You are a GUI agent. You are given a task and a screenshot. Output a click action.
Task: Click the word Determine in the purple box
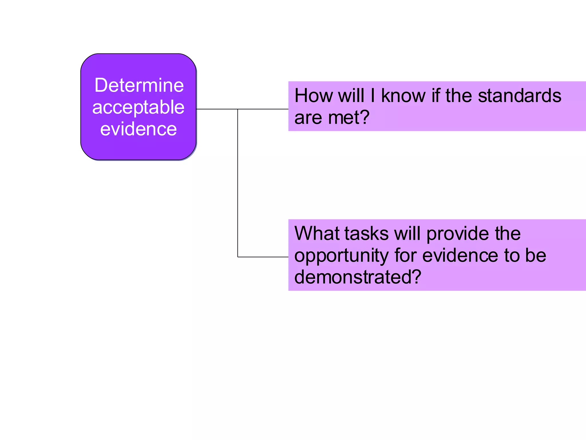click(139, 85)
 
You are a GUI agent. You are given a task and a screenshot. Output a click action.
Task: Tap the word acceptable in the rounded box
click(138, 108)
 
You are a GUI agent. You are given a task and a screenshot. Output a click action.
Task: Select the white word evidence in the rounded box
click(138, 129)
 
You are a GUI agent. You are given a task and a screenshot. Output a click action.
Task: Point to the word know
click(403, 96)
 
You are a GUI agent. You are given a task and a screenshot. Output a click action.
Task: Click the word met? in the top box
click(349, 118)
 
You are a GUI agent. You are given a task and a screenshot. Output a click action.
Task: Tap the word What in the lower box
click(316, 233)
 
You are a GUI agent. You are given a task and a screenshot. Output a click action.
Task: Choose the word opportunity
click(341, 256)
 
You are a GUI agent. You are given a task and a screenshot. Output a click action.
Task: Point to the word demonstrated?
click(358, 277)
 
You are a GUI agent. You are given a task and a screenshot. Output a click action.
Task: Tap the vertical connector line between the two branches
click(238, 183)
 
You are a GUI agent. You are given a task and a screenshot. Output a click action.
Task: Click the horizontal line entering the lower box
click(263, 257)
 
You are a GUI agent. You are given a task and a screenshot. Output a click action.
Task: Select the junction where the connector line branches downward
click(238, 109)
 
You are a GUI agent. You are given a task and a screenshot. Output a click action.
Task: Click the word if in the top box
click(435, 96)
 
